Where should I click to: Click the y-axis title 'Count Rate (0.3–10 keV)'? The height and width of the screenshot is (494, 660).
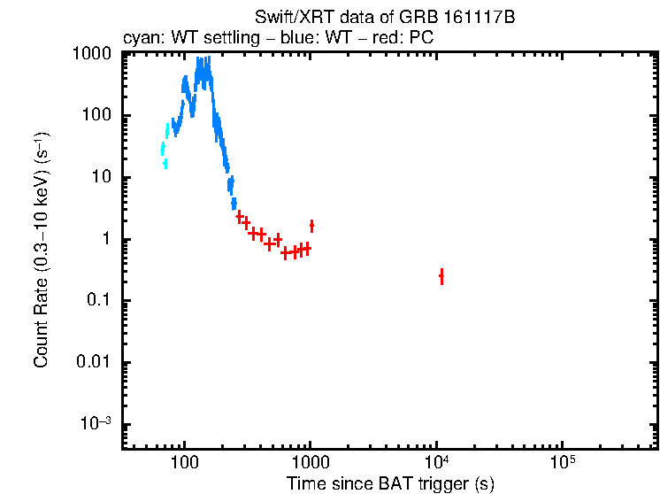(42, 251)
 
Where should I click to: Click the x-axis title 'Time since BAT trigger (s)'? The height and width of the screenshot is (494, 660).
(390, 483)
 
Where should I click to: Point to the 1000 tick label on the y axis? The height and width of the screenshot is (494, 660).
(91, 54)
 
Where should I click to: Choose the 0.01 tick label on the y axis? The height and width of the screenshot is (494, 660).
(93, 363)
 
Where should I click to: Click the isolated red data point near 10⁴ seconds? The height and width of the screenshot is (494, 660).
(441, 277)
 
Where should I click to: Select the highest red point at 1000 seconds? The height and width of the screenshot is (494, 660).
(311, 226)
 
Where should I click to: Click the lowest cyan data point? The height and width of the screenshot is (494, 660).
(165, 163)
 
